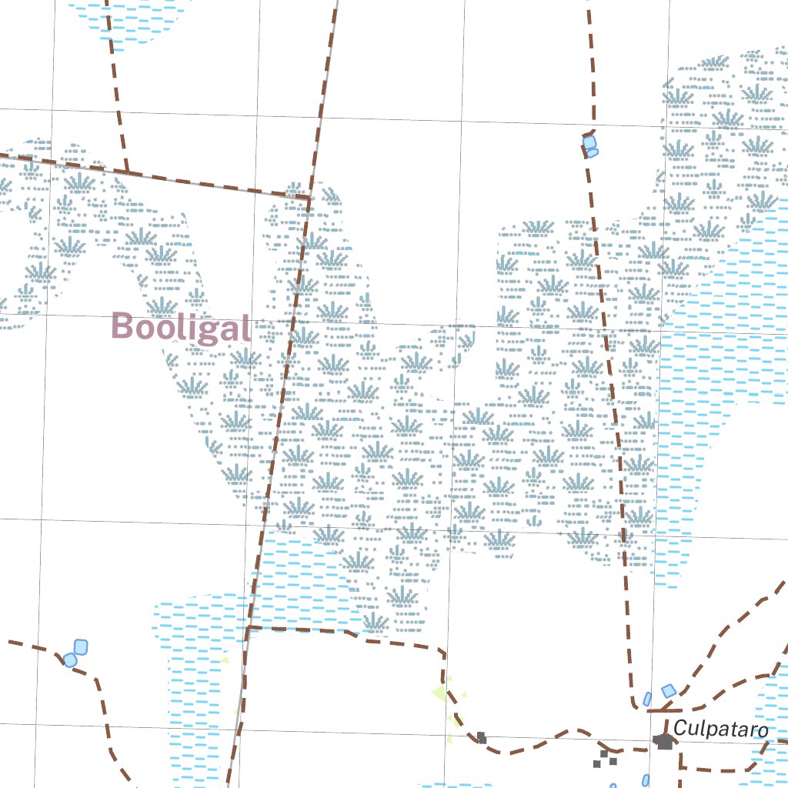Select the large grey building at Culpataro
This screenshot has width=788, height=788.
click(663, 741)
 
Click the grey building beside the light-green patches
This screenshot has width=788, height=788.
click(482, 737)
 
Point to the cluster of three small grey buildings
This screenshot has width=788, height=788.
click(605, 760)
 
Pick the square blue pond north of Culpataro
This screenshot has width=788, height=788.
click(669, 691)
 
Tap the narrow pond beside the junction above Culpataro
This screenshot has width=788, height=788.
click(647, 699)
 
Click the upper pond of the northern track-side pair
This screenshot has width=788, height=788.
click(589, 142)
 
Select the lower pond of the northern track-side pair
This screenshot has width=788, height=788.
click(592, 153)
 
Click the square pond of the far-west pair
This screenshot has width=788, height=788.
click(80, 647)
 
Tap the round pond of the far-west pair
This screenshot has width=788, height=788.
click(70, 659)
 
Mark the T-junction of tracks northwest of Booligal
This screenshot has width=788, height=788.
click(127, 172)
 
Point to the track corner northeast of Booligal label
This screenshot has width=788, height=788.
click(309, 198)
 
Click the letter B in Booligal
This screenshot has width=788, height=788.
click(122, 326)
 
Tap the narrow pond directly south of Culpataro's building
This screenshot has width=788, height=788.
click(645, 780)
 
